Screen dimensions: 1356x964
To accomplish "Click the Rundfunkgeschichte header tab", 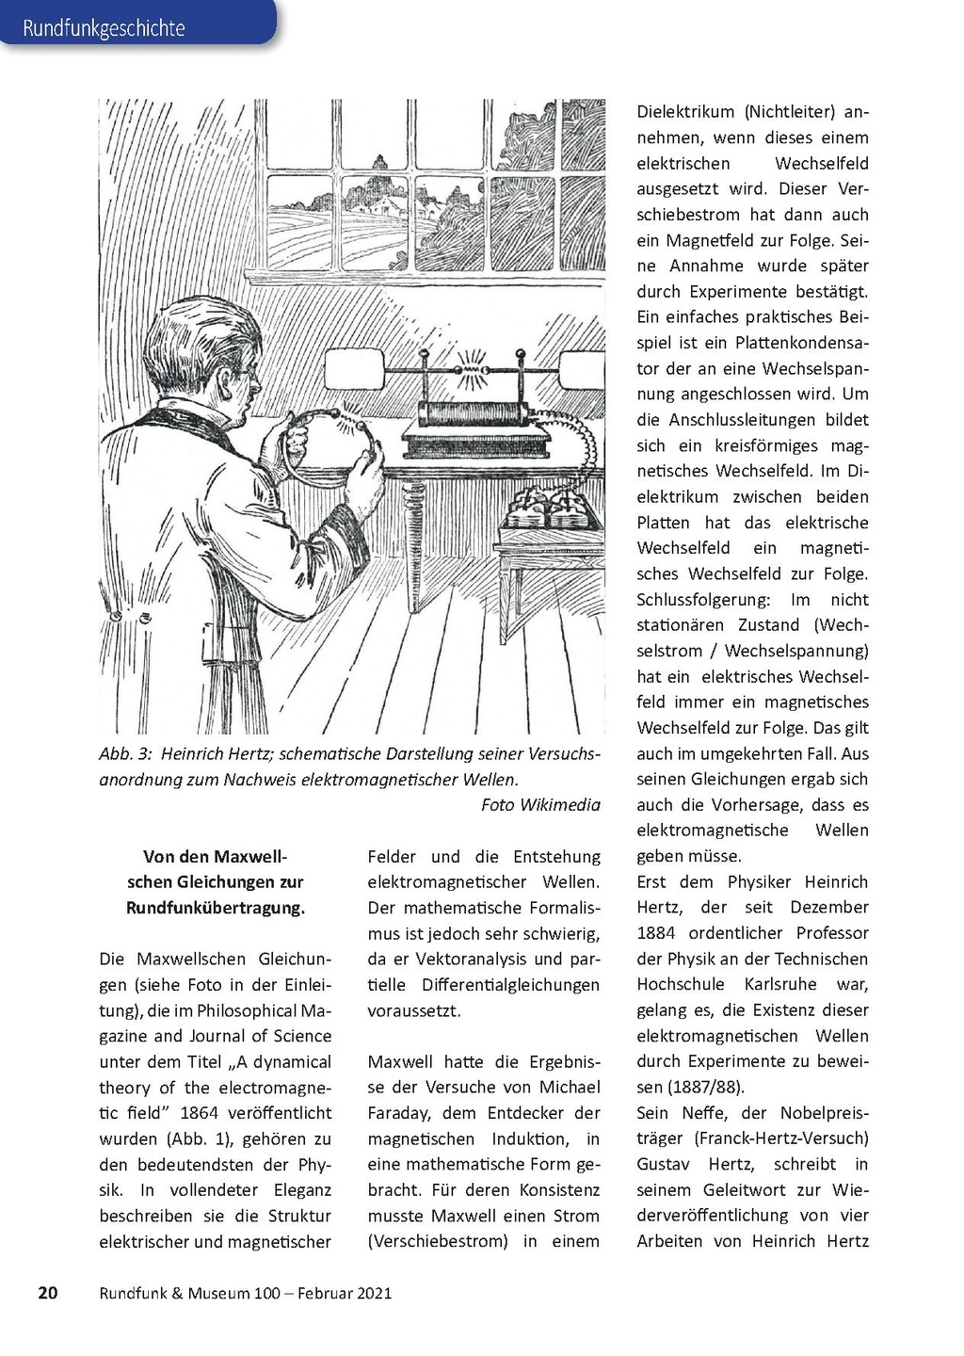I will [104, 28].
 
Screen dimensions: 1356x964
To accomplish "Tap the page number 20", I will [48, 1293].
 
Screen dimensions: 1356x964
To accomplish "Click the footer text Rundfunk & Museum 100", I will [189, 1293].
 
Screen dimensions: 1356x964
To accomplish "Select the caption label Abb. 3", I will [125, 754].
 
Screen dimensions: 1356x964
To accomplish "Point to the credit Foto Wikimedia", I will [539, 804].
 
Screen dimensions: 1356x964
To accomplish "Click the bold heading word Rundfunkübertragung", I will [215, 909].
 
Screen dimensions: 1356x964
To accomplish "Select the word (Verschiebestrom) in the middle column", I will [438, 1241].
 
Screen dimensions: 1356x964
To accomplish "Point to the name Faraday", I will [401, 1113].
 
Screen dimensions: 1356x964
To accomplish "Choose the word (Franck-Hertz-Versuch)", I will [781, 1138].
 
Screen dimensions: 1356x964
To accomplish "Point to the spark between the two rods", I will [471, 367].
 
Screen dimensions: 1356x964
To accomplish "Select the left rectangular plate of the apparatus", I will [355, 369].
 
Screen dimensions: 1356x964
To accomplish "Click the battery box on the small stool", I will [547, 509].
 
